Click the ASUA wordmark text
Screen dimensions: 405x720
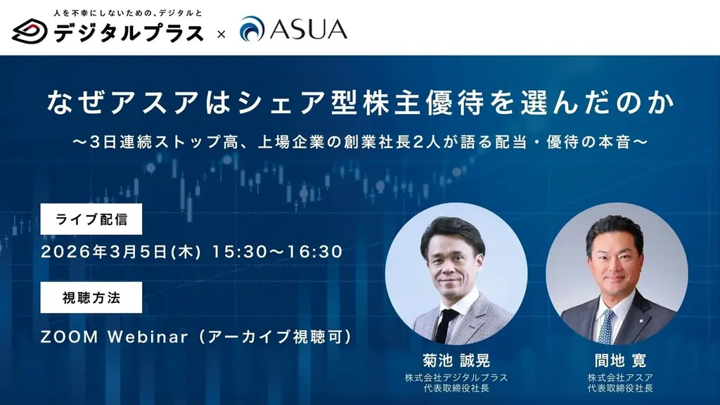click(x=308, y=30)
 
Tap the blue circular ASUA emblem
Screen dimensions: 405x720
click(x=252, y=30)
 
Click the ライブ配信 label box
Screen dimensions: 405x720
click(x=91, y=219)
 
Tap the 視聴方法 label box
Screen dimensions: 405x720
click(x=91, y=297)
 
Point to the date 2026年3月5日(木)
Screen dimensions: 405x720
click(x=122, y=251)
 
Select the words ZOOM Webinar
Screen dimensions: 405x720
click(x=115, y=337)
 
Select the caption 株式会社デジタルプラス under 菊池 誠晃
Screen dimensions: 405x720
click(x=456, y=378)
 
